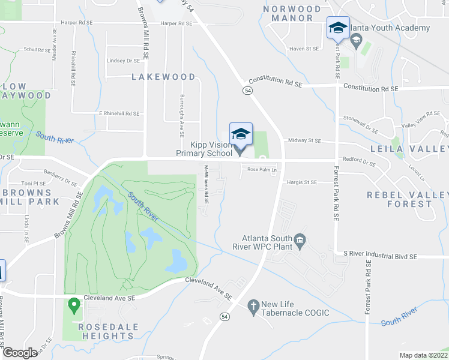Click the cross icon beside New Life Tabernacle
pos(253,306)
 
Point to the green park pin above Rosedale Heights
pos(74,306)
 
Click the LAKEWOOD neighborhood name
pos(163,77)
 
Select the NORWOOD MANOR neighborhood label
pos(292,13)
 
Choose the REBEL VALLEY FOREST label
pos(408,199)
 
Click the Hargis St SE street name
pos(302,182)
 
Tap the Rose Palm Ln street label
pos(261,170)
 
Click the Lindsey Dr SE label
pos(123,61)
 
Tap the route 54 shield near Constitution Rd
pos(247,91)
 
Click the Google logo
pos(20,353)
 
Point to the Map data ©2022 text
pos(423,355)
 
